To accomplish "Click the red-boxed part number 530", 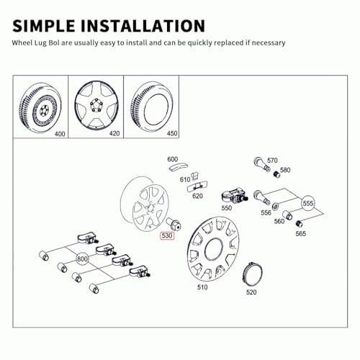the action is coord(167,235).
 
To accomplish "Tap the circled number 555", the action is coord(308,204).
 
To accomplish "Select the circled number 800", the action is coord(82,259).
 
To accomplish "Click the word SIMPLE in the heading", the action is coord(43,26).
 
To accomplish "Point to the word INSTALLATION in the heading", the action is coord(143,26).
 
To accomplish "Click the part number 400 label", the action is coord(60,134).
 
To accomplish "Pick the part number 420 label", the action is coord(114,133).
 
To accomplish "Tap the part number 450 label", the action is coord(172,133).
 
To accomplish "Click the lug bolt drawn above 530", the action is coord(174,224).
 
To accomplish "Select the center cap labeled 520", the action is coord(252,275).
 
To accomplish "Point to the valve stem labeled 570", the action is coord(261,164).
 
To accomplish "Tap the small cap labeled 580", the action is coord(276,174).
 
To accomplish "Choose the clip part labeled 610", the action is coord(195,176).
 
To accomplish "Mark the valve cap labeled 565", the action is coord(299,224).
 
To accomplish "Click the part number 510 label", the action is coord(202,287).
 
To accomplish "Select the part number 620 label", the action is coord(197,196).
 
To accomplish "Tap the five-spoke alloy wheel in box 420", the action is coord(96,106).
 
